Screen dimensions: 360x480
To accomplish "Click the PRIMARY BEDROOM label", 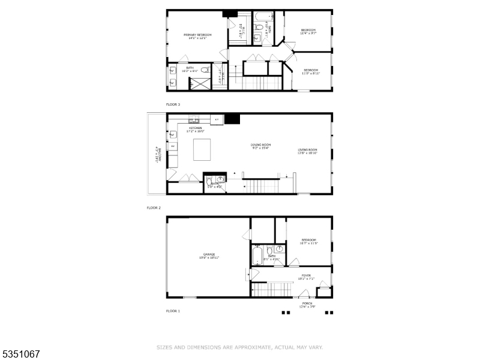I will click(x=197, y=35).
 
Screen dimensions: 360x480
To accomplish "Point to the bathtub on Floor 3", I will click(x=263, y=17).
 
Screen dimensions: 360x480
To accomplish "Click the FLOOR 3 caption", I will click(x=173, y=104).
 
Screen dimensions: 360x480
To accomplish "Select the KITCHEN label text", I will click(x=196, y=128).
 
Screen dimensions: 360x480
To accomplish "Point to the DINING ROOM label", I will click(x=261, y=145).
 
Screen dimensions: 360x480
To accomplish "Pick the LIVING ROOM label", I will click(x=307, y=150).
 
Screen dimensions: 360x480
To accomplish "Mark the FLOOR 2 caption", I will click(x=154, y=208).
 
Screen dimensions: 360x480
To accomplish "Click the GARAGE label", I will click(x=209, y=254).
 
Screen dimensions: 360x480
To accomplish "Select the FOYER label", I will click(x=306, y=275).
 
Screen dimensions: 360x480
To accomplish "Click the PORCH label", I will click(x=307, y=304).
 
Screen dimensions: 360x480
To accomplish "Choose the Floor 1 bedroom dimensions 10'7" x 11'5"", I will click(x=308, y=243).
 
